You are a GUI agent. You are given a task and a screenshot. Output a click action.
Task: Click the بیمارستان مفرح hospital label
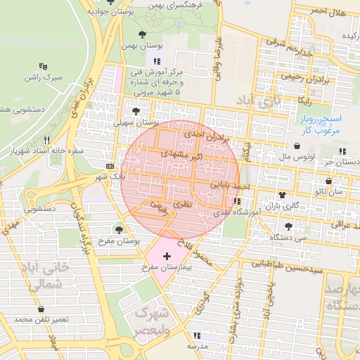tap(166, 268)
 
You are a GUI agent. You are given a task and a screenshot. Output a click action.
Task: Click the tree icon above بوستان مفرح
tap(118, 229)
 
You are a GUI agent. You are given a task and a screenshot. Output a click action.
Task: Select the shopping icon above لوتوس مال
tap(298, 146)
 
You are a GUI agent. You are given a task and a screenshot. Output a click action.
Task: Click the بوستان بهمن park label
tap(141, 45)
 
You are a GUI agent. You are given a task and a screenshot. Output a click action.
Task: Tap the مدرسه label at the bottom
tap(197, 347)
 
